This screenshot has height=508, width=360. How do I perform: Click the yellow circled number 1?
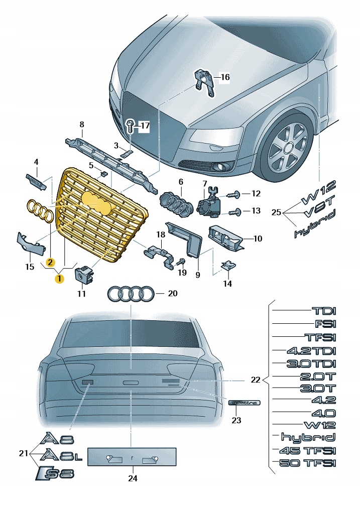tap(60, 278)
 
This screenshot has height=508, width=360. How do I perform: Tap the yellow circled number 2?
tap(50, 262)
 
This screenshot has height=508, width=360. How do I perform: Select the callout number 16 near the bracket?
tap(224, 77)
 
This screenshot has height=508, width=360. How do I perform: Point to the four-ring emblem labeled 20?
tap(131, 294)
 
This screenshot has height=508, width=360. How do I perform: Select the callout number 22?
tap(256, 380)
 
